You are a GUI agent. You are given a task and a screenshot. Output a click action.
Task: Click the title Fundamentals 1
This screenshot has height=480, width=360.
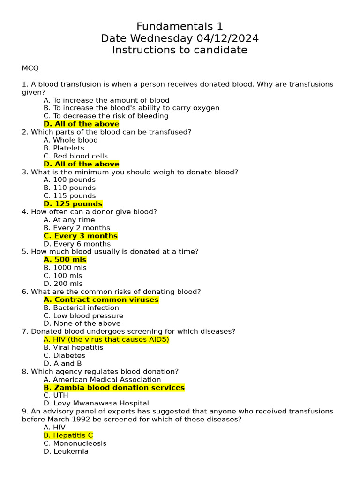pyautogui.click(x=180, y=26)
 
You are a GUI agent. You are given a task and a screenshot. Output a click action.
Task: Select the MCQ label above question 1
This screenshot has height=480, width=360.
pyautogui.click(x=30, y=68)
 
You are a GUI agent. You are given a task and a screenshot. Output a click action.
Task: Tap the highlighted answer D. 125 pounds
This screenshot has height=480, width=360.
pyautogui.click(x=73, y=204)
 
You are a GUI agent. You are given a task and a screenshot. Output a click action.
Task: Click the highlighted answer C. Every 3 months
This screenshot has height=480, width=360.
pyautogui.click(x=80, y=236)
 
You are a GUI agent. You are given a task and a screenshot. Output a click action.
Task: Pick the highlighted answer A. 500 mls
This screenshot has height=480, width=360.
pyautogui.click(x=65, y=260)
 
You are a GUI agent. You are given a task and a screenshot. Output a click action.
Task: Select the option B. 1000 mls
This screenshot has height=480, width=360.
pyautogui.click(x=65, y=268)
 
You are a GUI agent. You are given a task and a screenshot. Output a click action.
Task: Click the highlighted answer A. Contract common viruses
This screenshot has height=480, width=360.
pyautogui.click(x=101, y=300)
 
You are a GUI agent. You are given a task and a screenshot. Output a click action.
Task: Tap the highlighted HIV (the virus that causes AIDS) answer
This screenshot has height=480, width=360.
pyautogui.click(x=106, y=339)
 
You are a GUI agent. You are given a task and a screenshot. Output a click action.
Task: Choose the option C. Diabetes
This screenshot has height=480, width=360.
pyautogui.click(x=64, y=356)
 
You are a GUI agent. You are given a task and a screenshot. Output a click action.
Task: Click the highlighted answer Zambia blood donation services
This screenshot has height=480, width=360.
pyautogui.click(x=114, y=388)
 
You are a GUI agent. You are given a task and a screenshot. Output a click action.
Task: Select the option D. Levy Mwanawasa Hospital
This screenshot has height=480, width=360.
pyautogui.click(x=96, y=403)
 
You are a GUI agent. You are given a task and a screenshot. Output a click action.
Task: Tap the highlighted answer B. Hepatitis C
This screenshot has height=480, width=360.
pyautogui.click(x=68, y=435)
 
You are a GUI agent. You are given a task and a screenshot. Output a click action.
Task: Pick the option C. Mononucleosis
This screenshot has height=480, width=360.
pyautogui.click(x=75, y=443)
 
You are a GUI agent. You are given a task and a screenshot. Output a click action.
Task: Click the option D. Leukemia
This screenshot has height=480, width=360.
pyautogui.click(x=66, y=451)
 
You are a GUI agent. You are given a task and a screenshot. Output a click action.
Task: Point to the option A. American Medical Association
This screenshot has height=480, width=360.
pyautogui.click(x=102, y=380)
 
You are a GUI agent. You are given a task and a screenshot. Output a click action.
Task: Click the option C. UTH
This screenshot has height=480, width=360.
pyautogui.click(x=56, y=395)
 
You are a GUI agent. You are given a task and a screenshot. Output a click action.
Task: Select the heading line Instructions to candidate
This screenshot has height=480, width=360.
pyautogui.click(x=180, y=50)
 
